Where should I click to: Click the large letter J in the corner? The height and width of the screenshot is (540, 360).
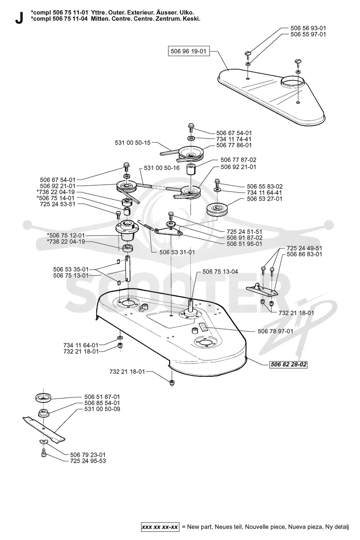(19, 18)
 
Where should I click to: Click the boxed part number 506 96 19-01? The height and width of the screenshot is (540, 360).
(189, 51)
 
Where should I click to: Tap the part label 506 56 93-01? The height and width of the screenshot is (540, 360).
(308, 28)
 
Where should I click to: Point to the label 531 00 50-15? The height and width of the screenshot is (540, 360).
(132, 143)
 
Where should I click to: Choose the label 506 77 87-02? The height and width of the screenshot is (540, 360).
(238, 160)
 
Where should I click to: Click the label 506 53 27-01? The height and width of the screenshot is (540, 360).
(265, 199)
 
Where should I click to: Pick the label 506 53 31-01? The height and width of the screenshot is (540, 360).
(177, 252)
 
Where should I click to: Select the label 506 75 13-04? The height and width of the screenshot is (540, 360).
(220, 272)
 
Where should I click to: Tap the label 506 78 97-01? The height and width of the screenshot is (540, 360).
(275, 331)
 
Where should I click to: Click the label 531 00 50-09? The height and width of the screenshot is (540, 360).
(102, 409)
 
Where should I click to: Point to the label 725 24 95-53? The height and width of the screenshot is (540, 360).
(88, 461)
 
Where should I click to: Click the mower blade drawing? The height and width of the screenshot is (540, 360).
(44, 429)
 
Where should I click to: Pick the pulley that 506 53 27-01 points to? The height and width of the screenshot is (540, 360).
(217, 210)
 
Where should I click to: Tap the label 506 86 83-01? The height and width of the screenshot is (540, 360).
(304, 254)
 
